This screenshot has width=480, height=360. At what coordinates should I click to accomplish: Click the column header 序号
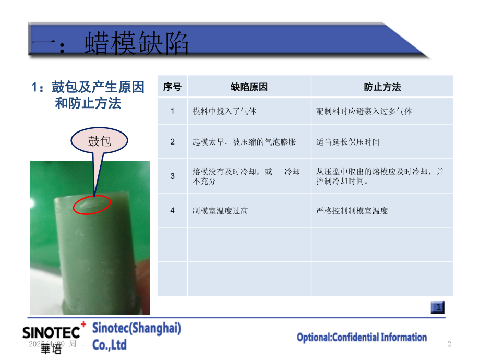(172, 87)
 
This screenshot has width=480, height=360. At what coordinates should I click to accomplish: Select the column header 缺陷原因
(249, 87)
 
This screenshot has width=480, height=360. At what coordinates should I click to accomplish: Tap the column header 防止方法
(382, 87)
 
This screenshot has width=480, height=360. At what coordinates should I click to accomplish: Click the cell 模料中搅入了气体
(224, 111)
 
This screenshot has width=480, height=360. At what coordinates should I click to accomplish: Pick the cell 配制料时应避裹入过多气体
(364, 111)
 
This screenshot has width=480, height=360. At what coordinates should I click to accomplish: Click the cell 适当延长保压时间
(347, 142)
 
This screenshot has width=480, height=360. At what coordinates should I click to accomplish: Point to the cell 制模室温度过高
(220, 211)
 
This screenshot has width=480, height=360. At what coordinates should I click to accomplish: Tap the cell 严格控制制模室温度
(352, 211)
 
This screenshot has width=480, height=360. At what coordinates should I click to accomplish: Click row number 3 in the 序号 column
(172, 176)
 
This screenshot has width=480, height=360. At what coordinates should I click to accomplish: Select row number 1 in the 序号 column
(172, 111)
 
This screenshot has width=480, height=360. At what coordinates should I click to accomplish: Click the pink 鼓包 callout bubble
(99, 141)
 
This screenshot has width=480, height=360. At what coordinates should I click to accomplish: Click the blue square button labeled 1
(438, 307)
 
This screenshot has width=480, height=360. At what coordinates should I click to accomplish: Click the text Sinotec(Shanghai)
(137, 328)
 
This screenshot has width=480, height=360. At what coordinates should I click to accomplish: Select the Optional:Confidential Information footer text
(362, 338)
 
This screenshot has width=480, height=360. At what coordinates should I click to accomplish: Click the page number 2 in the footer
(449, 344)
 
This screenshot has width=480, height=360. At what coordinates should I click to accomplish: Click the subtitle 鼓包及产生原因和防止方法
(88, 95)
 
